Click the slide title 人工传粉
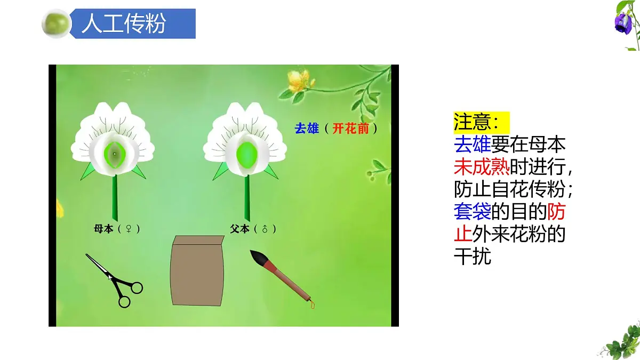pos(123,24)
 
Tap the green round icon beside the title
pos(56,23)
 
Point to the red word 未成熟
pos(482,167)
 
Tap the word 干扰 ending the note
pos(472,257)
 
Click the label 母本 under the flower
pos(103,229)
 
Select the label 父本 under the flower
pos(239,229)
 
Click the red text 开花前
pos(350,128)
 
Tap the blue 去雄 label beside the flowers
pos(306,128)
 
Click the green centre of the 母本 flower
pos(114,154)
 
